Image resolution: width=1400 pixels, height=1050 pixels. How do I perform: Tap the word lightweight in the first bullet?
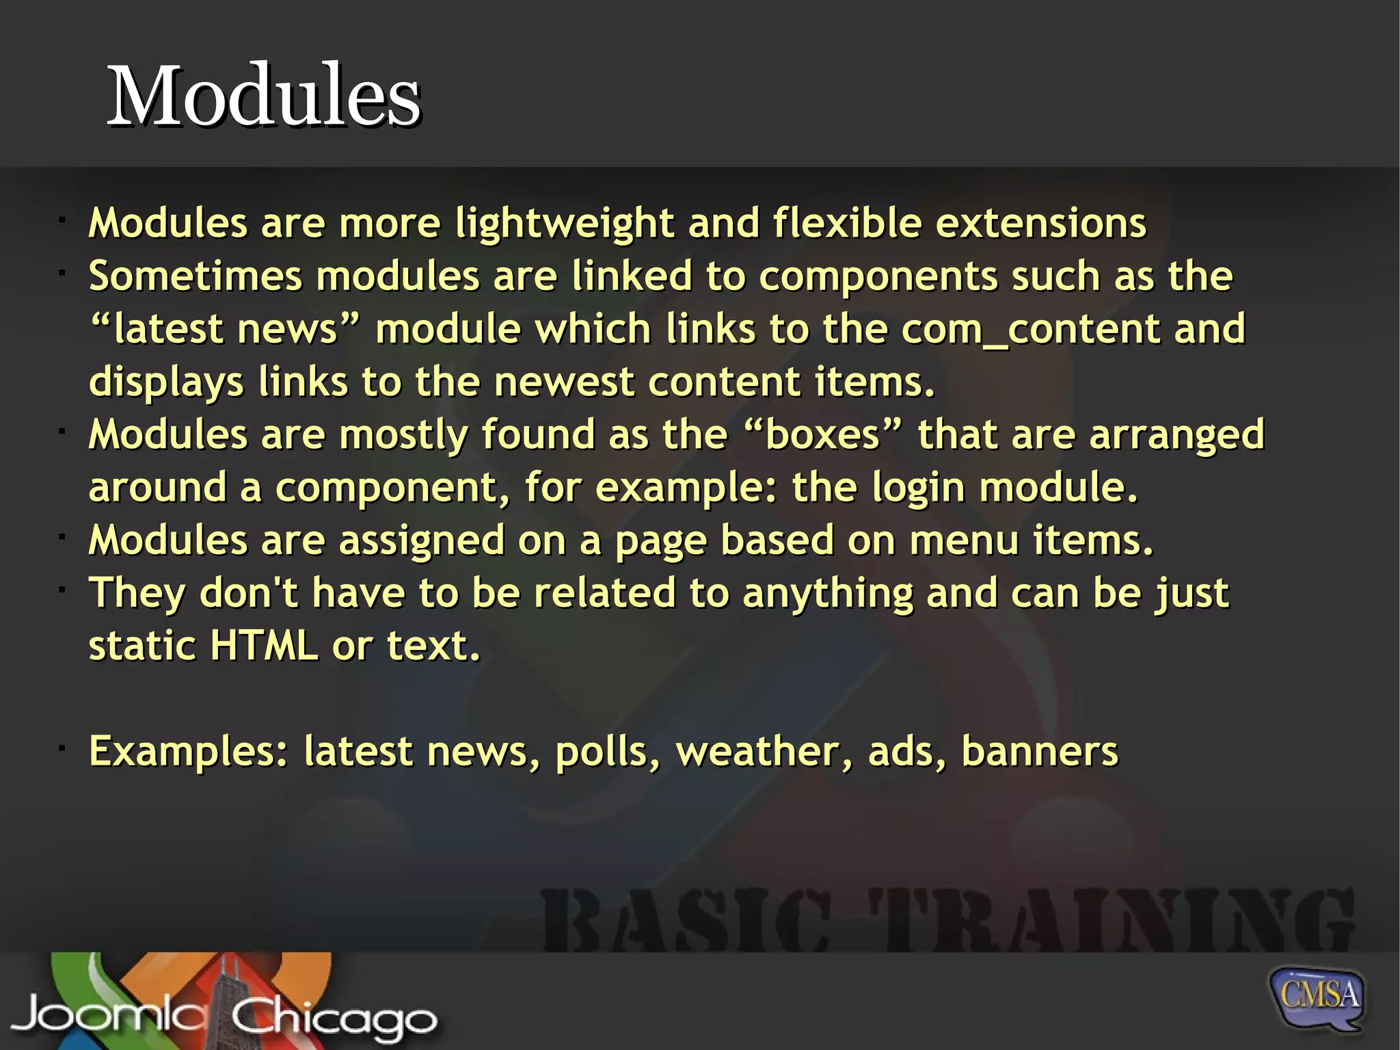pos(565,224)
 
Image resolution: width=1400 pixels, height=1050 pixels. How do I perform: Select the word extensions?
pos(1040,223)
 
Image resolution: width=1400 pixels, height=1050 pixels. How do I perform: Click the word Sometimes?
pos(195,276)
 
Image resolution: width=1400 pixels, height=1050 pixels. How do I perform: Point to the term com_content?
pos(1030,329)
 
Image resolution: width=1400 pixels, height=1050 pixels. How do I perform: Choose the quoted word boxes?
pos(822,434)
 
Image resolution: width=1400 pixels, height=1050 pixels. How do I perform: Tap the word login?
pos(918,488)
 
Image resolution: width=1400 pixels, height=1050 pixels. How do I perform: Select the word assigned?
pos(422,541)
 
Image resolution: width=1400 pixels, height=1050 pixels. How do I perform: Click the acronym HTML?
pos(264,645)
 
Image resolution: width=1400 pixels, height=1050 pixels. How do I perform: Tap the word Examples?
pos(189,752)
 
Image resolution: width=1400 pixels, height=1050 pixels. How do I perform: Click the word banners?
pos(1039,751)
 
